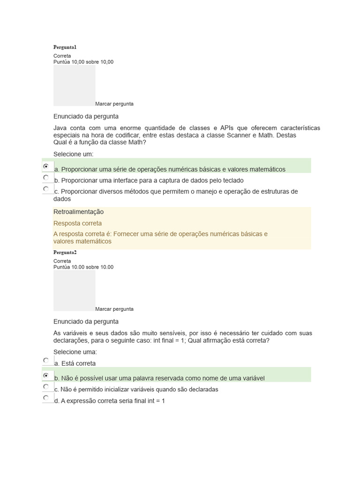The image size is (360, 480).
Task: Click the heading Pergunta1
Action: coord(65,47)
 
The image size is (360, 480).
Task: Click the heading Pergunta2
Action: coord(65,252)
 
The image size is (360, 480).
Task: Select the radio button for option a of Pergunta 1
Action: coord(46,166)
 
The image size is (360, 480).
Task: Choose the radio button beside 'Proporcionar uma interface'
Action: coord(46,178)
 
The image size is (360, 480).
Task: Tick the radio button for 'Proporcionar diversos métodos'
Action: coord(46,189)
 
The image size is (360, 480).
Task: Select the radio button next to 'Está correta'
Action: coord(46,360)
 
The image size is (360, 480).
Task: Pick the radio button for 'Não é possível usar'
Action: coord(46,375)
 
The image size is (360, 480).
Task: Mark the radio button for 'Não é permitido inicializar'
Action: coord(46,387)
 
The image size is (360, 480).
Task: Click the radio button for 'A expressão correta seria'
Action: coord(46,398)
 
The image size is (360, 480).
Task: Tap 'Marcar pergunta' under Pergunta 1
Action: coord(114,104)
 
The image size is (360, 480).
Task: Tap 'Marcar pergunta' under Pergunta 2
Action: coord(114,309)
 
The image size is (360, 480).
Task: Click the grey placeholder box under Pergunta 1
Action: coord(74,85)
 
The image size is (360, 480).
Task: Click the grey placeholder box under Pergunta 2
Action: coord(74,290)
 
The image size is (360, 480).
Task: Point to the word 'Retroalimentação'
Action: coord(79,212)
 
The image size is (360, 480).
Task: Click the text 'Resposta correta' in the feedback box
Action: coord(77,224)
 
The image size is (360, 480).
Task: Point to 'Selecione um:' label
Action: coord(74,154)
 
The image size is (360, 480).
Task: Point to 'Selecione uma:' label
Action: coord(75,352)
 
